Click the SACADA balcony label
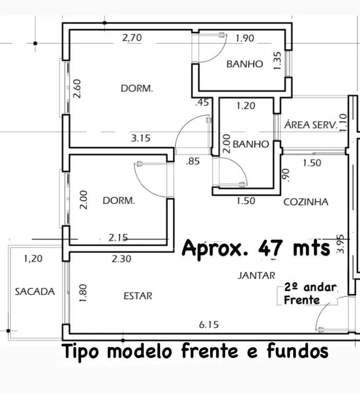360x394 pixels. [x=35, y=291]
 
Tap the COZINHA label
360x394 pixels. [x=306, y=202]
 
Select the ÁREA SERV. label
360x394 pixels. [x=311, y=124]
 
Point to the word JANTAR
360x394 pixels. [x=256, y=275]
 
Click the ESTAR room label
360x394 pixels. [x=138, y=296]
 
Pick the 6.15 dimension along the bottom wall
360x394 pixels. [x=209, y=325]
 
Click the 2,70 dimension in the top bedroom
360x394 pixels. [x=132, y=37]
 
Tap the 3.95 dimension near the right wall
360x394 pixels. [x=340, y=244]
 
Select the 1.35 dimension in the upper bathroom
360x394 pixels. [x=277, y=61]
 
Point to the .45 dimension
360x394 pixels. [x=202, y=102]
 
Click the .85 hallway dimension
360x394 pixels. [x=193, y=161]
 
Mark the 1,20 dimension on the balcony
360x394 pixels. [x=33, y=259]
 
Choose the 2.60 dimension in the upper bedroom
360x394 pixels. [x=77, y=88]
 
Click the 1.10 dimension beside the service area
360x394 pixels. [x=343, y=123]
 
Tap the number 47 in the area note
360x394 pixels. [x=270, y=248]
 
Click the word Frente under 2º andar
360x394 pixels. [x=301, y=300]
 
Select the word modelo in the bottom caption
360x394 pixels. [x=140, y=351]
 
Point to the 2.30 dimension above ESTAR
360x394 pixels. [x=122, y=259]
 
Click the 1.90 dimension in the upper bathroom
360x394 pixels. [x=245, y=38]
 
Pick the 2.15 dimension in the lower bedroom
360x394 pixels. [x=118, y=238]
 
